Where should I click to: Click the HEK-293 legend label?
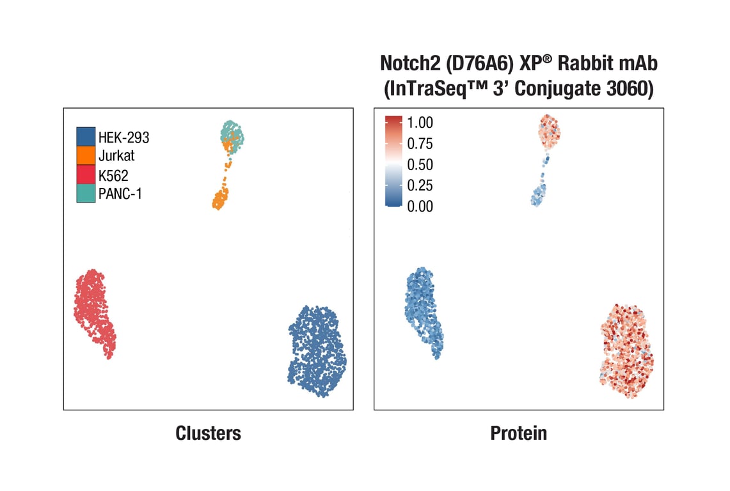click(x=123, y=136)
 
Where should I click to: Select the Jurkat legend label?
click(x=116, y=155)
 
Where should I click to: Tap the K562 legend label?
click(x=114, y=175)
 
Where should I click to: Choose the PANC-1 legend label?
click(x=120, y=194)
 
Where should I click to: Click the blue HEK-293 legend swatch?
click(x=86, y=136)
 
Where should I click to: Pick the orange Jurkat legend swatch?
click(x=86, y=155)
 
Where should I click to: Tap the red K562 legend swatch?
click(x=86, y=175)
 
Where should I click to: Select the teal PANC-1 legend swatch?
click(x=86, y=193)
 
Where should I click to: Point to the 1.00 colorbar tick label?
click(x=420, y=122)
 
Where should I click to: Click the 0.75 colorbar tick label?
click(x=420, y=143)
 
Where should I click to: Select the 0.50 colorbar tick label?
click(x=420, y=164)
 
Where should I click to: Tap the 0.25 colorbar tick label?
click(x=420, y=185)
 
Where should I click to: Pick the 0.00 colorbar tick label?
click(x=420, y=206)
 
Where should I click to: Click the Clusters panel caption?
click(x=209, y=433)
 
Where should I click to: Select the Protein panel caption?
click(x=519, y=433)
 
